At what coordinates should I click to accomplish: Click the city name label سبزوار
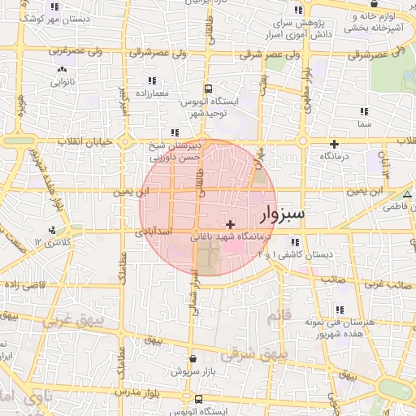(x=283, y=214)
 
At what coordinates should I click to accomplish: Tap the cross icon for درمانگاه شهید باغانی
(x=231, y=224)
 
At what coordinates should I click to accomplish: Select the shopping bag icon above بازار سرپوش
(x=192, y=357)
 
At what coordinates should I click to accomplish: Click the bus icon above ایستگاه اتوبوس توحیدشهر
(x=208, y=89)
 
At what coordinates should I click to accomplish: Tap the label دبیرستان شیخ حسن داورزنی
(x=173, y=154)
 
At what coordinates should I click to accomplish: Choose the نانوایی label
(x=63, y=81)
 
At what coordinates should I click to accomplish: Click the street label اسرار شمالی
(x=195, y=284)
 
